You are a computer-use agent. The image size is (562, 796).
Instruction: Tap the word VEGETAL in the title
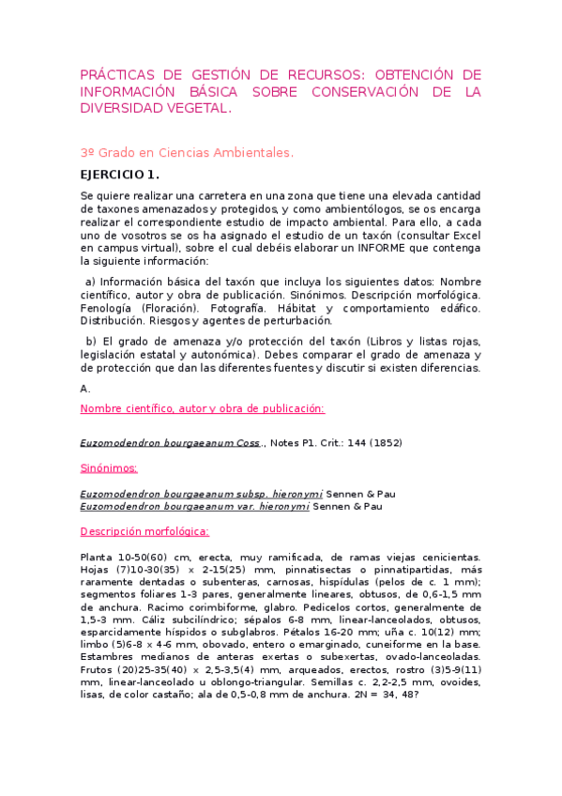(x=194, y=108)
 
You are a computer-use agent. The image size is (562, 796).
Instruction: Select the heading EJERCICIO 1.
(x=120, y=175)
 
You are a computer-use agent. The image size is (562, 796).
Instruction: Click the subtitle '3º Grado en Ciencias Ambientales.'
(x=187, y=151)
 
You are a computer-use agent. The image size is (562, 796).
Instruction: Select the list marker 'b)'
(x=91, y=341)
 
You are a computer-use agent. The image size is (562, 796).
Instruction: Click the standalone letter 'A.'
(x=85, y=388)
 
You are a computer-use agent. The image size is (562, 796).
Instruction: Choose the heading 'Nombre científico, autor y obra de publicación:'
(x=203, y=408)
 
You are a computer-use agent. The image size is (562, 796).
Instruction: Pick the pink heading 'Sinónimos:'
(x=109, y=467)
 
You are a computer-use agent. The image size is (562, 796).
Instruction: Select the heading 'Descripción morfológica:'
(x=144, y=531)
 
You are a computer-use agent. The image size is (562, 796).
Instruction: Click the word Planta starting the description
(x=98, y=557)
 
